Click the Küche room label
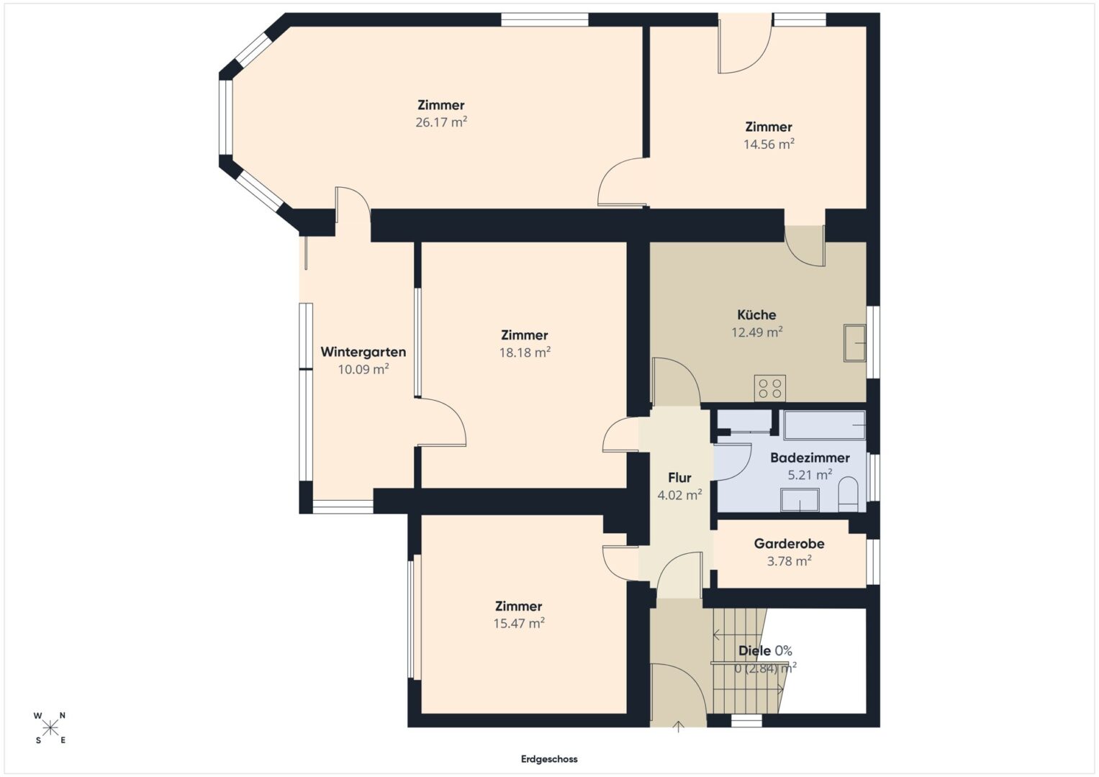[x=756, y=315]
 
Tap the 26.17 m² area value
[x=441, y=122]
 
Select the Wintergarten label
[x=363, y=353]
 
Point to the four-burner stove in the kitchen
[x=770, y=388]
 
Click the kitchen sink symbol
[x=855, y=343]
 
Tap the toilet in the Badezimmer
[x=848, y=495]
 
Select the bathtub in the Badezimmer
[x=825, y=425]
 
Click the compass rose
[x=50, y=728]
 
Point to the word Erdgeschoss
[x=549, y=759]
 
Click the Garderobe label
[x=789, y=543]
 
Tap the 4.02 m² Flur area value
[x=679, y=495]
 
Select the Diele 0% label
[x=765, y=651]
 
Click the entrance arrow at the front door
[x=679, y=727]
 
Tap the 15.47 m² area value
[x=519, y=624]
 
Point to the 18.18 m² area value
[x=525, y=353]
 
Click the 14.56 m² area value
[x=769, y=144]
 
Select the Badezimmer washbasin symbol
[x=800, y=501]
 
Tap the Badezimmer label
[x=810, y=458]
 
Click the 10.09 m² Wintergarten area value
[x=363, y=369]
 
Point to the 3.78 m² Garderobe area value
[x=790, y=560]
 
